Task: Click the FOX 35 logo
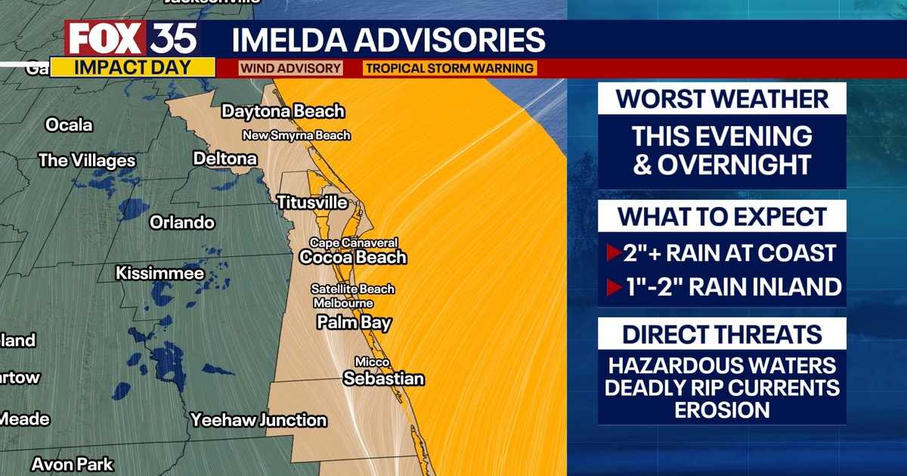pyautogui.click(x=132, y=39)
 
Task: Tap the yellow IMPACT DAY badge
pyautogui.click(x=132, y=67)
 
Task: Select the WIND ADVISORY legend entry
pyautogui.click(x=290, y=68)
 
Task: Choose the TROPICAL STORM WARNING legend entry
pyautogui.click(x=450, y=68)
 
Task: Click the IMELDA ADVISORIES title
pyautogui.click(x=388, y=39)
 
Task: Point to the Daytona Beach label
pyautogui.click(x=283, y=111)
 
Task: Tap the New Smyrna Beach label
pyautogui.click(x=296, y=136)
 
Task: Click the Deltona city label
pyautogui.click(x=225, y=159)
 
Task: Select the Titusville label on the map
pyautogui.click(x=312, y=202)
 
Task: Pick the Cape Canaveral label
pyautogui.click(x=354, y=243)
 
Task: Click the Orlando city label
pyautogui.click(x=181, y=222)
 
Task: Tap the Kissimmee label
pyautogui.click(x=159, y=273)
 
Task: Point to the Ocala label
pyautogui.click(x=69, y=125)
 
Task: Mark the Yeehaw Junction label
pyautogui.click(x=258, y=420)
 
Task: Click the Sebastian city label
pyautogui.click(x=383, y=379)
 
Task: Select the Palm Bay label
pyautogui.click(x=354, y=323)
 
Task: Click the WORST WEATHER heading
pyautogui.click(x=722, y=99)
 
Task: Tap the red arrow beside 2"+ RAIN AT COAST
pyautogui.click(x=614, y=253)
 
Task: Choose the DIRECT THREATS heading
pyautogui.click(x=722, y=335)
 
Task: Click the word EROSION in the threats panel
pyautogui.click(x=722, y=410)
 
